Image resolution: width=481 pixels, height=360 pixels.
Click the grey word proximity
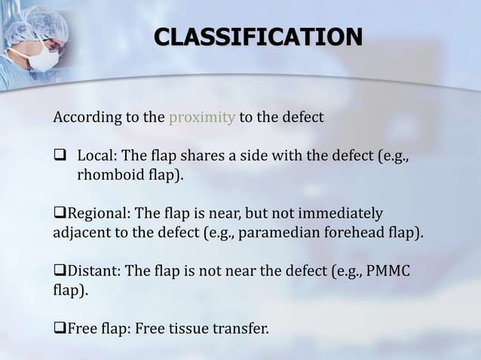click(x=201, y=119)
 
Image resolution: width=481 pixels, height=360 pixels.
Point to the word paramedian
click(x=277, y=232)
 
